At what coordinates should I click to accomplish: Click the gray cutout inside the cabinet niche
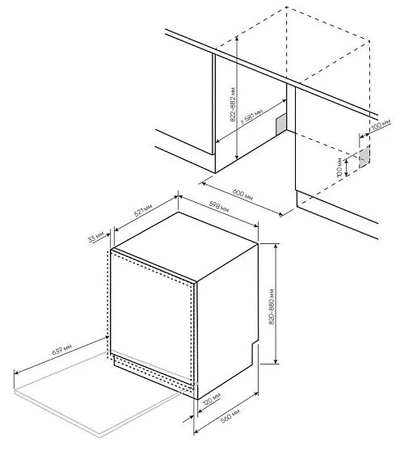click(x=280, y=123)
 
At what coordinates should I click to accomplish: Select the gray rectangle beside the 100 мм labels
click(x=364, y=155)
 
